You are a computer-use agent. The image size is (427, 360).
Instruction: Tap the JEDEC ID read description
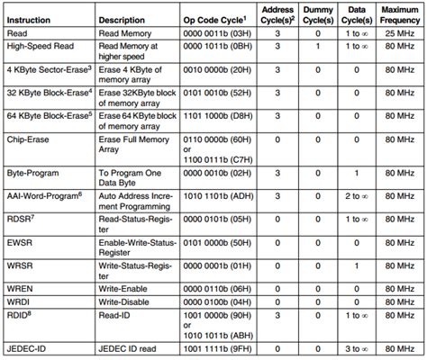128,348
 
